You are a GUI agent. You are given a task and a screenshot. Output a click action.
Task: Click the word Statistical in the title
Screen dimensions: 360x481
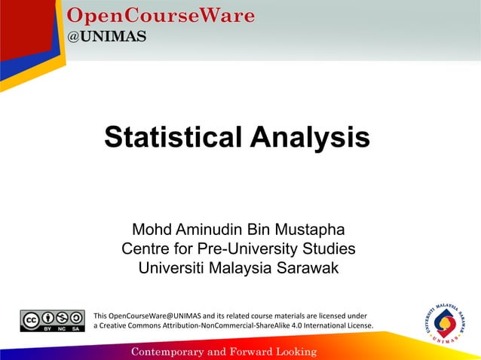point(174,138)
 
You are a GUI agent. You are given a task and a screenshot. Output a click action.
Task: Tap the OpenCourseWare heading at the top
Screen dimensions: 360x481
point(161,15)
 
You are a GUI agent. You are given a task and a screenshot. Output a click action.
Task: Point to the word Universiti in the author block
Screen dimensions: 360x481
point(173,268)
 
